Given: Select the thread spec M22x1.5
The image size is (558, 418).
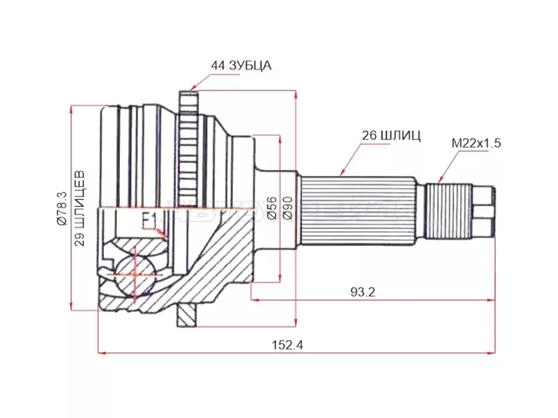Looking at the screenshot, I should [x=476, y=144].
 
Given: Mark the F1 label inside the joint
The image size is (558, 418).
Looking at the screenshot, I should [x=149, y=220].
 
